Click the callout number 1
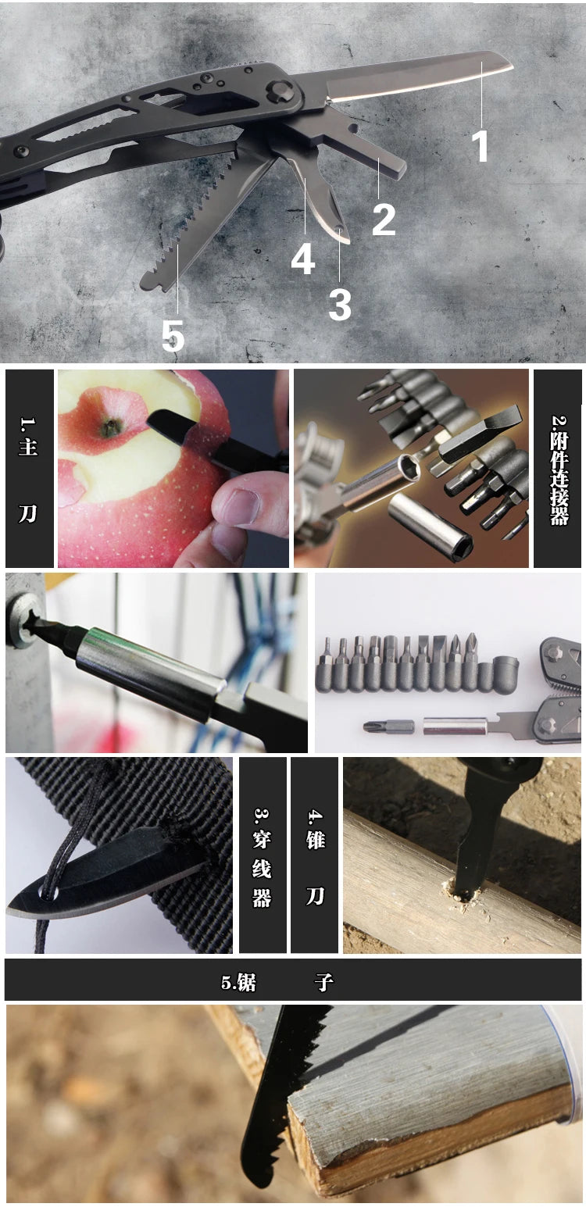(481, 145)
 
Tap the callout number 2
(384, 220)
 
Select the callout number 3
(340, 305)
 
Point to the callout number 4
(302, 259)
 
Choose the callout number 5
(173, 337)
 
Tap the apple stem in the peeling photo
(111, 428)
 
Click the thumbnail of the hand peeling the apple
(173, 468)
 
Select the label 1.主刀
(29, 468)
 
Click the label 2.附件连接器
(559, 470)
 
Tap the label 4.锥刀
(315, 858)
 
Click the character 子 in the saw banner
(324, 982)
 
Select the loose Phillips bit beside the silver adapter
(389, 727)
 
